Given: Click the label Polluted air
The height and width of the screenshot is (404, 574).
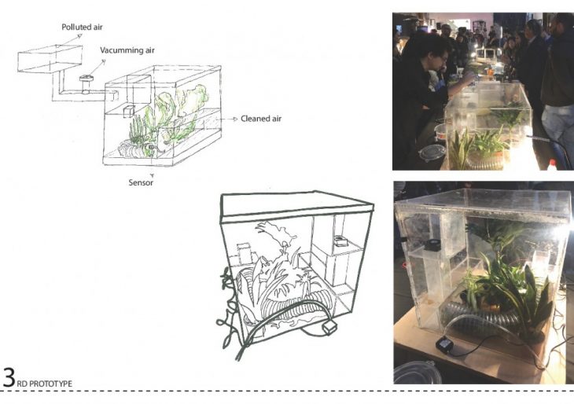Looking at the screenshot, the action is (82, 27).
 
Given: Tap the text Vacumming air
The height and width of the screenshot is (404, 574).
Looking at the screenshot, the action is (127, 50).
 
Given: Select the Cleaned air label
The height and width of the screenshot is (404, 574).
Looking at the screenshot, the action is (261, 119).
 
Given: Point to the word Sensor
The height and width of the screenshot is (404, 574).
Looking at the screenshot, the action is (141, 182).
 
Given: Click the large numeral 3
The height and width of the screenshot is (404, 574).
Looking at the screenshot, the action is (9, 377).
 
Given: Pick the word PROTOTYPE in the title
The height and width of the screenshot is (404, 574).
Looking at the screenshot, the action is (50, 384).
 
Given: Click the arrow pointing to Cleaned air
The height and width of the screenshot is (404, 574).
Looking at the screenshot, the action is (228, 119).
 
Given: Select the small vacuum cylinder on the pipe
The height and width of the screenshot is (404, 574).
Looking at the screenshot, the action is (86, 84).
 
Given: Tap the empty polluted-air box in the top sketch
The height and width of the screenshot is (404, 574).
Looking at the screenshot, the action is (50, 59).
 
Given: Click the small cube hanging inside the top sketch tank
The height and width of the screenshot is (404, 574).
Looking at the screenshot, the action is (129, 112).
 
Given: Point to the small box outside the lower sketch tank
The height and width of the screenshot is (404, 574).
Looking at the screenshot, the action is (329, 328).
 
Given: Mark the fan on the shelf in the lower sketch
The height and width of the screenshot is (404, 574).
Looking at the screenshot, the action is (340, 241).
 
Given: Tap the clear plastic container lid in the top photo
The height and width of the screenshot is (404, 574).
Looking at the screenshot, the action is (432, 152).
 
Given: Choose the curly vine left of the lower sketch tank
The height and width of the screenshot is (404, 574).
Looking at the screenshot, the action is (228, 307).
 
